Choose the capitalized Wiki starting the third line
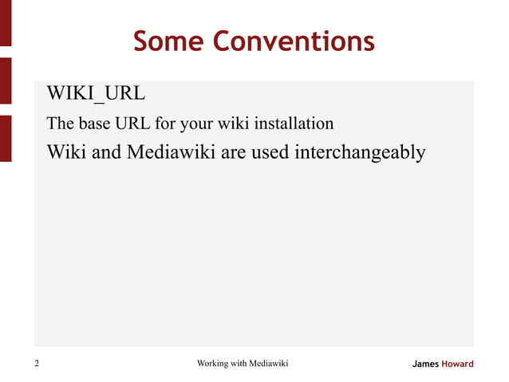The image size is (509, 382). click(x=66, y=152)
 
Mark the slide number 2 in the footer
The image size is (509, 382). click(x=37, y=364)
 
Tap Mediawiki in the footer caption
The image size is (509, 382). click(x=269, y=364)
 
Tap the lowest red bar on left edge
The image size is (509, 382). click(x=5, y=138)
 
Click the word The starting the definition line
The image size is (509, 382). click(x=60, y=124)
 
